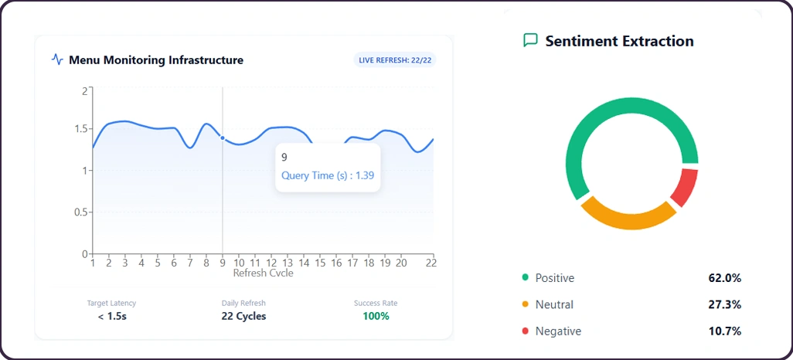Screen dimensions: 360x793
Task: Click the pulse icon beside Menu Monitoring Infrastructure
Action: (x=57, y=59)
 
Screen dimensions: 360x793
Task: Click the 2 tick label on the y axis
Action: (x=84, y=90)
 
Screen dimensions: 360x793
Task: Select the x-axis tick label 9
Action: (x=223, y=263)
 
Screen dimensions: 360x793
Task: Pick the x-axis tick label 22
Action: (x=431, y=263)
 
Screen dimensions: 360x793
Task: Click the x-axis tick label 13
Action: (x=288, y=263)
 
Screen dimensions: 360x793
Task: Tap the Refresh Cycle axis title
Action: (x=263, y=273)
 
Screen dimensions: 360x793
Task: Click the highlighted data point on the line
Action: (x=223, y=138)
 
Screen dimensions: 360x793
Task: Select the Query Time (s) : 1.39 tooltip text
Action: (x=328, y=175)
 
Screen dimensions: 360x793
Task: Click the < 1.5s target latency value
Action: (x=112, y=316)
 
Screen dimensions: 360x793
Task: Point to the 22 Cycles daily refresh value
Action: (x=243, y=316)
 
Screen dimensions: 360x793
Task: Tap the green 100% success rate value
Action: (x=376, y=316)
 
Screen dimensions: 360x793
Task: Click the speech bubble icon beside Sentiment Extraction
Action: (x=530, y=40)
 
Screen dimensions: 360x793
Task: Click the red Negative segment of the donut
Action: (x=684, y=186)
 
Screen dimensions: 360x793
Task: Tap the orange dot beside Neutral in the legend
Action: (x=526, y=304)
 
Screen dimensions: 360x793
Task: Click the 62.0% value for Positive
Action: (x=724, y=278)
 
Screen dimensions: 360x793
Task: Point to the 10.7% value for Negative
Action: (x=724, y=331)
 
